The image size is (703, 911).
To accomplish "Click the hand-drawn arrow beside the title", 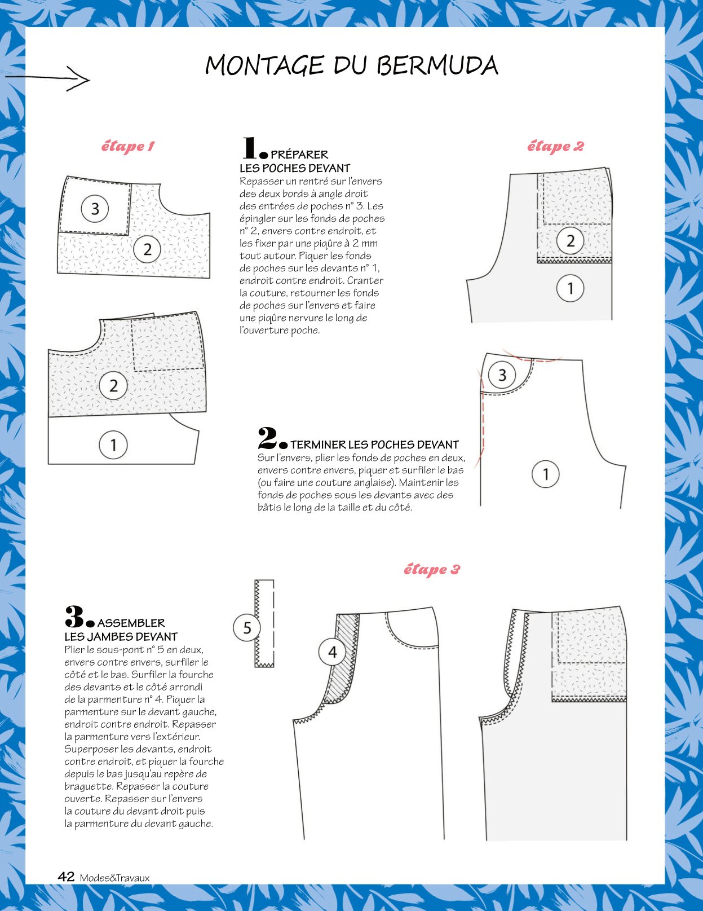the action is point(46,78).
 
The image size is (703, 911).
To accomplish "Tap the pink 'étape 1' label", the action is point(128,146).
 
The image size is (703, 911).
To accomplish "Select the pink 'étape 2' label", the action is point(555,146).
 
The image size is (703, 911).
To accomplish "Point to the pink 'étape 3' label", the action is point(432,569).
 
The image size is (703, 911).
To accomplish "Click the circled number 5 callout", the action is point(247,628).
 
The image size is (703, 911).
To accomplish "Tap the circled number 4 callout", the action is point(332,652).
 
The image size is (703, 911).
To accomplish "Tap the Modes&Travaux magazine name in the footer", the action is point(114,878).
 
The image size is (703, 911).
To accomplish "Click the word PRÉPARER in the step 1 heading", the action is point(299,155).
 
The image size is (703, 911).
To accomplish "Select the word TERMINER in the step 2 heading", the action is point(318,445).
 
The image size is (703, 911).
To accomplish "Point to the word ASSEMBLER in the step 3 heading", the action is point(131,623).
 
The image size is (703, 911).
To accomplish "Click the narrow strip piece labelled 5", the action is point(264,623).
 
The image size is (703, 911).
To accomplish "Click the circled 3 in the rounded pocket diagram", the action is point(502,375).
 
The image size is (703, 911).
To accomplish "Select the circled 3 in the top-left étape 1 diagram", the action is point(95,208).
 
